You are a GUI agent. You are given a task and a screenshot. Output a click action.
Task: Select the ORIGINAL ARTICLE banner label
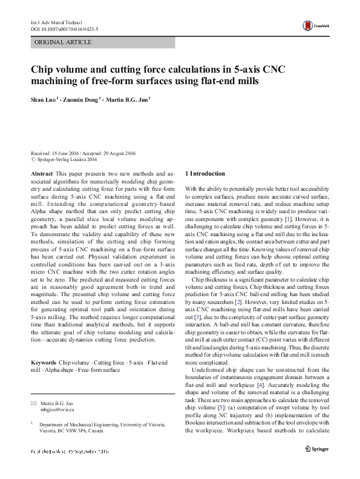pos(64,42)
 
